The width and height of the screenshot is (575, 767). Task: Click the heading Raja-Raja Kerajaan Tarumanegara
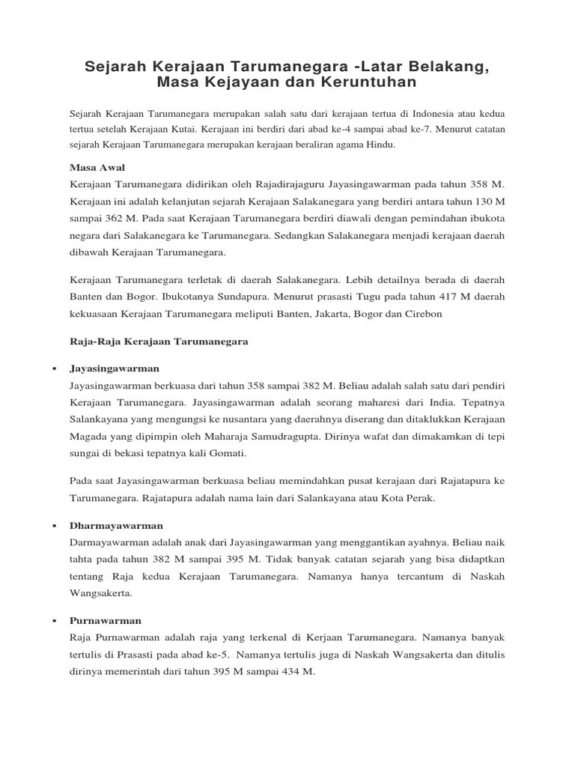coord(159,341)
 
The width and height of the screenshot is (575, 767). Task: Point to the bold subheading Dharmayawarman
coord(116,526)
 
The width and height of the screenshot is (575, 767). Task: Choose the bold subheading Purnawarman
coord(106,621)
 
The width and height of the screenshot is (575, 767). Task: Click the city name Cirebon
coord(424,314)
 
